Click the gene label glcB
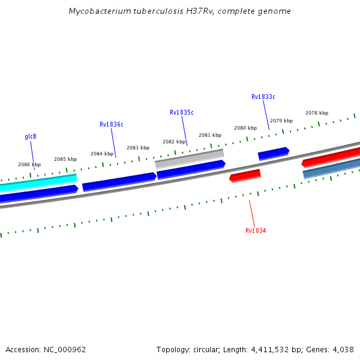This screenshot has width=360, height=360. (x=31, y=136)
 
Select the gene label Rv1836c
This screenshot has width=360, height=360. (x=111, y=125)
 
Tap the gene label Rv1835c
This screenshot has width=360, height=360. (x=181, y=112)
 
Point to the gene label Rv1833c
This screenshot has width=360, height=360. (x=263, y=97)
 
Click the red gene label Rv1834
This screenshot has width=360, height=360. (x=256, y=230)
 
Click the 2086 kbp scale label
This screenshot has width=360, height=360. (x=29, y=164)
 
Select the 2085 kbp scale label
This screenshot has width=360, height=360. (x=65, y=159)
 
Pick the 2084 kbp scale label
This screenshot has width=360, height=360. (x=102, y=154)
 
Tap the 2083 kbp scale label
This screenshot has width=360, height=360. (x=137, y=148)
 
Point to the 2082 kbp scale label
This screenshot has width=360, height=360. (x=174, y=142)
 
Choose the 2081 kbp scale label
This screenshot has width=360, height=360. (x=210, y=135)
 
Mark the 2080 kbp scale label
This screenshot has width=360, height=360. (x=245, y=128)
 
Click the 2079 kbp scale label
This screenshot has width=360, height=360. (x=281, y=121)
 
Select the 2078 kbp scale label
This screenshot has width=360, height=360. (x=317, y=113)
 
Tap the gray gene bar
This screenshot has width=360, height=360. (x=190, y=159)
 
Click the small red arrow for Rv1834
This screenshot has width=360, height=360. (x=245, y=176)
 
